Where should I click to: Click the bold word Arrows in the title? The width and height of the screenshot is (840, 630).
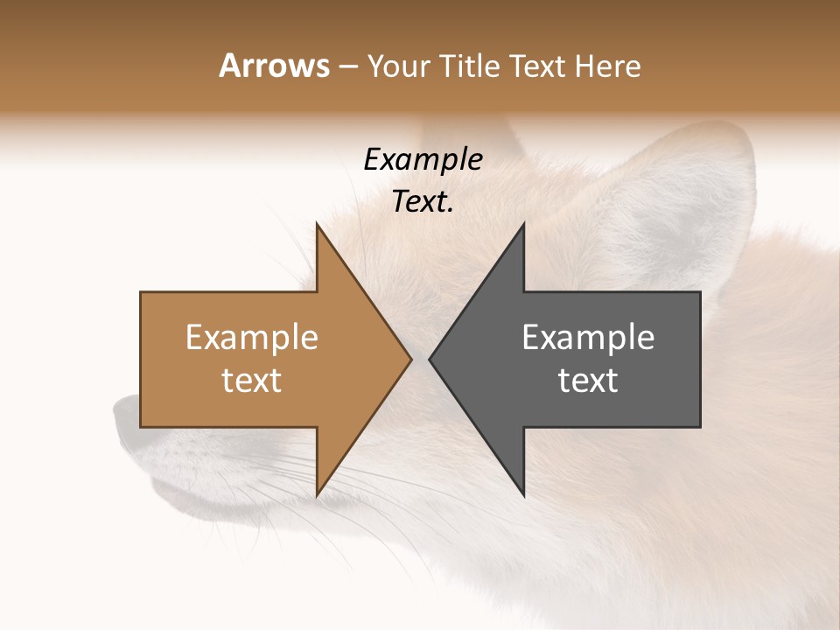pos(274,66)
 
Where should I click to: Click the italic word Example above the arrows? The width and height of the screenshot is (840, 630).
pos(423,160)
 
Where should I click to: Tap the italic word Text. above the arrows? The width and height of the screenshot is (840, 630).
pos(423,202)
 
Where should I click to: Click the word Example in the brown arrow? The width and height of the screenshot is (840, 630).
pos(252,338)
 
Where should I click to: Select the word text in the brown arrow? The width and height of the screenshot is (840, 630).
pos(252,381)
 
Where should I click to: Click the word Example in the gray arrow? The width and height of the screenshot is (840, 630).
pos(588,338)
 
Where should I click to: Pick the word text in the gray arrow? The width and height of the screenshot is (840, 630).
pos(588,381)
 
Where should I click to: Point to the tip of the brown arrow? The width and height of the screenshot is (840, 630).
pos(409,359)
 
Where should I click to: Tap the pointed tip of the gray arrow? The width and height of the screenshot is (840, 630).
pos(430,359)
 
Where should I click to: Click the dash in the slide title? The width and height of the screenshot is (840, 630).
pos(348,67)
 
